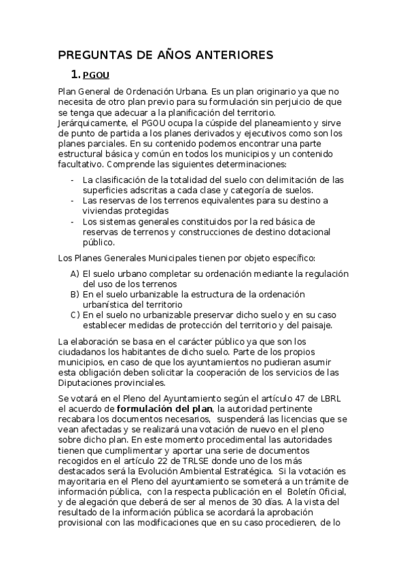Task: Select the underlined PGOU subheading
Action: click(x=96, y=75)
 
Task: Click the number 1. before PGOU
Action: click(x=75, y=75)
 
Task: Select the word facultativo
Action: click(x=82, y=164)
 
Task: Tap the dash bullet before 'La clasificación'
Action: click(x=73, y=180)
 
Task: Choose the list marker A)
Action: click(x=75, y=274)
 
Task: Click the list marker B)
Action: click(x=75, y=294)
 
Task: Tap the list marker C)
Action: click(x=75, y=315)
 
